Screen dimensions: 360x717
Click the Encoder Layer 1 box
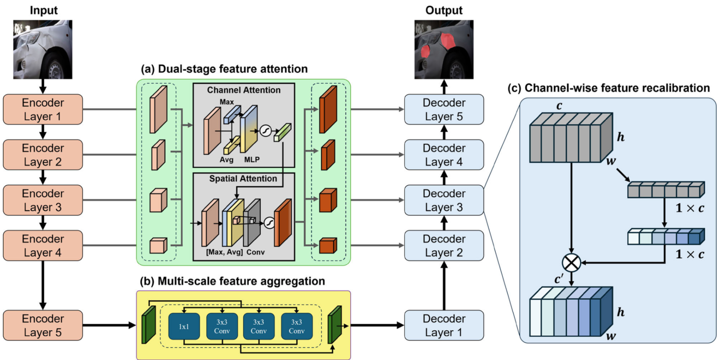point(43,109)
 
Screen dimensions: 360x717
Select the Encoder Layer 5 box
point(43,325)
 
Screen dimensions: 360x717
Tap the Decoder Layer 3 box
point(444,200)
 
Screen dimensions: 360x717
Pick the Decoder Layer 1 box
point(444,325)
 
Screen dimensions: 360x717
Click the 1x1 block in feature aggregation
point(184,326)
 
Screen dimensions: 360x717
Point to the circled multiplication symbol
point(571,263)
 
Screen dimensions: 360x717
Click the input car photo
point(43,50)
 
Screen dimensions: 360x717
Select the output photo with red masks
point(444,50)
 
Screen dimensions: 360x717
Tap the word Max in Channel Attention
point(226,102)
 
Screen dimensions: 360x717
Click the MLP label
point(252,160)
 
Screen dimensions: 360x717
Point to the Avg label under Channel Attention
point(226,160)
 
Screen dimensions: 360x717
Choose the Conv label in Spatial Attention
point(255,252)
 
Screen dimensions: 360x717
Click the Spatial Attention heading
point(243,178)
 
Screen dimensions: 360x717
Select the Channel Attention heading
point(244,90)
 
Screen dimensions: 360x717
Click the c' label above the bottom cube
point(559,279)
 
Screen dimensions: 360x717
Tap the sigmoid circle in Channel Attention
point(265,131)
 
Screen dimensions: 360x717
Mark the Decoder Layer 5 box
point(444,109)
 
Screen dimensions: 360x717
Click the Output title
point(444,10)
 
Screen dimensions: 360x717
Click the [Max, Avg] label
point(224,252)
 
